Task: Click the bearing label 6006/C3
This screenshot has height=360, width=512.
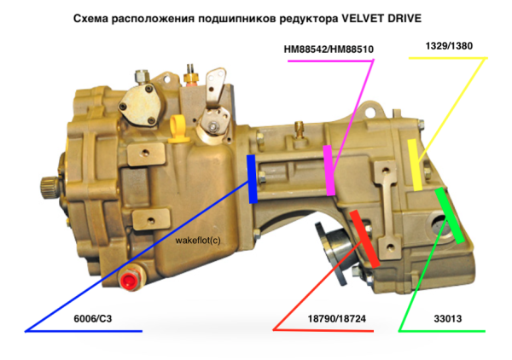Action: pyautogui.click(x=93, y=318)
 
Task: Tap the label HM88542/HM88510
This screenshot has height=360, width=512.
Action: pyautogui.click(x=329, y=49)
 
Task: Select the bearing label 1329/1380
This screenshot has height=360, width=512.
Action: pyautogui.click(x=449, y=46)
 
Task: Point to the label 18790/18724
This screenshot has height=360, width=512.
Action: pyautogui.click(x=337, y=318)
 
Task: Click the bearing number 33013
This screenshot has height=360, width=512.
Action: pyautogui.click(x=448, y=318)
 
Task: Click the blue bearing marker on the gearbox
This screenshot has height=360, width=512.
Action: pyautogui.click(x=251, y=179)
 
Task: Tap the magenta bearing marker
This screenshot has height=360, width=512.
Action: pyautogui.click(x=329, y=171)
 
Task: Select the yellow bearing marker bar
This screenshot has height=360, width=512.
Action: pyautogui.click(x=415, y=165)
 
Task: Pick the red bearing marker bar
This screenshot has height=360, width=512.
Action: pyautogui.click(x=364, y=239)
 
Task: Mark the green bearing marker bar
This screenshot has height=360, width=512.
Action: pyautogui.click(x=450, y=215)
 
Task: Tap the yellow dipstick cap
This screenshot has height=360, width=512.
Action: pyautogui.click(x=178, y=130)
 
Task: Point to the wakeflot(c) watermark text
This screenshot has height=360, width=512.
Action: pyautogui.click(x=198, y=241)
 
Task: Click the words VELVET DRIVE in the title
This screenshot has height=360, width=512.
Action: pyautogui.click(x=381, y=18)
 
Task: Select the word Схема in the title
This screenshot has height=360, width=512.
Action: pyautogui.click(x=90, y=19)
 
